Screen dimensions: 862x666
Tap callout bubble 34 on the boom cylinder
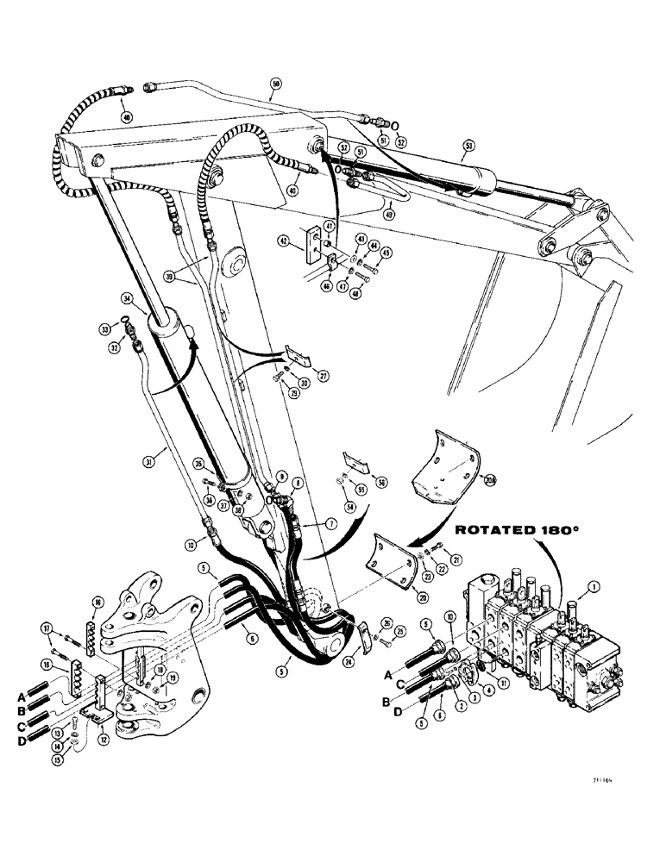(x=128, y=299)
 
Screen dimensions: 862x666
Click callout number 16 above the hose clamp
(x=97, y=603)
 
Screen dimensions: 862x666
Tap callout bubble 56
(x=382, y=484)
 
